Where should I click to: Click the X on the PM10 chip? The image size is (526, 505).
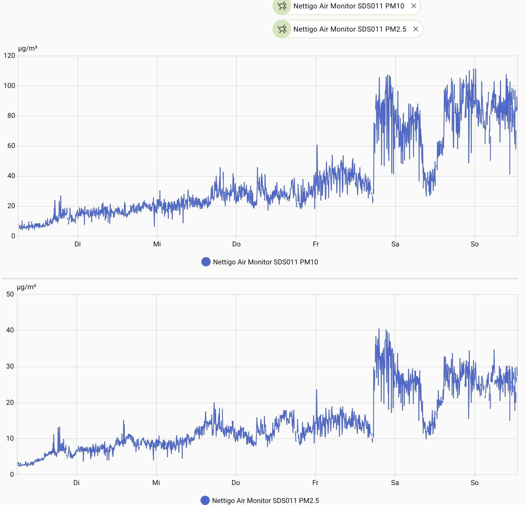click(x=414, y=6)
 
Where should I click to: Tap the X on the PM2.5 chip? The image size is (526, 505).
click(x=416, y=29)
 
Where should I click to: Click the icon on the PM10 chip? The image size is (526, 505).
click(x=282, y=6)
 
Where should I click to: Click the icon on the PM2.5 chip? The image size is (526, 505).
click(x=282, y=29)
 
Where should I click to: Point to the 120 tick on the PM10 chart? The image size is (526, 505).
click(x=9, y=56)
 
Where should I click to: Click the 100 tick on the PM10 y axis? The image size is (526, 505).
click(x=9, y=86)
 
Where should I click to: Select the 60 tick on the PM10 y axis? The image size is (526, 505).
click(x=11, y=146)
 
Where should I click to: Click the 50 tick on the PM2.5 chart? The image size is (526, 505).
click(x=10, y=294)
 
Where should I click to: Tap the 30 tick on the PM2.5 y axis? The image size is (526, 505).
click(x=10, y=366)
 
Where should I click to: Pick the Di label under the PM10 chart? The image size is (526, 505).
click(x=78, y=244)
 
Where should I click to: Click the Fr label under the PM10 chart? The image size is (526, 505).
click(x=316, y=244)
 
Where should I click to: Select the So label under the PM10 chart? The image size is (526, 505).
click(x=474, y=244)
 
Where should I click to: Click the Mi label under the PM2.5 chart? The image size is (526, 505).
click(x=156, y=483)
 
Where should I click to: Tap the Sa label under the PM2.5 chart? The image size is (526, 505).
click(x=395, y=483)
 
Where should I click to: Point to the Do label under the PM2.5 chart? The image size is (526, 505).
click(x=236, y=483)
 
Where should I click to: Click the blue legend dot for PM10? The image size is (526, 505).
click(x=206, y=262)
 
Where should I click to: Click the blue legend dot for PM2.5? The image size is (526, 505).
click(x=205, y=500)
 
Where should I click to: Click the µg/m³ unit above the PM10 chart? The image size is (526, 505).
click(x=28, y=48)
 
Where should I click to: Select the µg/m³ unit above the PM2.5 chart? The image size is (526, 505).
click(x=27, y=287)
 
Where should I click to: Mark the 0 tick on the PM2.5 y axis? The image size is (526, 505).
click(x=12, y=475)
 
